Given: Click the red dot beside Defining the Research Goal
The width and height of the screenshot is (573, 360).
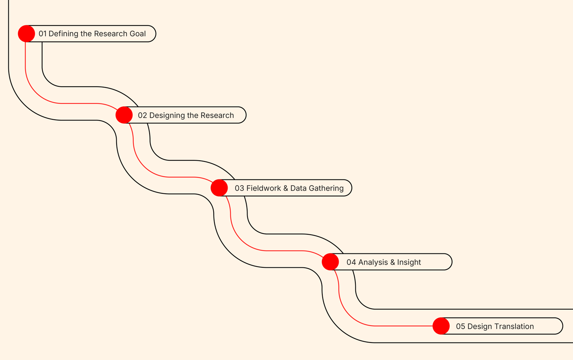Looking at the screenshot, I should point(26,33).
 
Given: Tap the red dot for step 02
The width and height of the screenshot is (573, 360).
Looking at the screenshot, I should point(124,115).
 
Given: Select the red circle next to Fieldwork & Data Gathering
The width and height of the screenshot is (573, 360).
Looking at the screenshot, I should point(219,188).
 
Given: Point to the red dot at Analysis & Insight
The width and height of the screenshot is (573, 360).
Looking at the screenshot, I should point(330,262).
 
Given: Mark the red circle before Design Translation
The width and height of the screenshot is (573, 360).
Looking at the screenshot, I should point(441,326).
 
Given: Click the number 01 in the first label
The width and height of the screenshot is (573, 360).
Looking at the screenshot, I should point(43,34).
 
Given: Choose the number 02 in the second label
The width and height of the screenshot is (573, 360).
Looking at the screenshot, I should point(142,115).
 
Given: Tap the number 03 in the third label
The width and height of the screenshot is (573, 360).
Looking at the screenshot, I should point(239,188).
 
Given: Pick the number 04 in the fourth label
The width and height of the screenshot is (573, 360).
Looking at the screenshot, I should point(351,262).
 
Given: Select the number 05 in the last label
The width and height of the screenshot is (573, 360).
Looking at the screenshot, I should point(460,326).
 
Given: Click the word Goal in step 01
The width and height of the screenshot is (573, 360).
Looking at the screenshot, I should point(138,34).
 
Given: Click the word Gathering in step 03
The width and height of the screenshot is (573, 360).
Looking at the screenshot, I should point(326,189).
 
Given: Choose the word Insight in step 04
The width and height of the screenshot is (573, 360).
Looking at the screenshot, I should point(409,263).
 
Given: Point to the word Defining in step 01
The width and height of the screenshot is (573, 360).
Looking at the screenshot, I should point(63,34).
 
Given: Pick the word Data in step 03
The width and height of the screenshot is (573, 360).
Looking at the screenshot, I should point(298,188).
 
